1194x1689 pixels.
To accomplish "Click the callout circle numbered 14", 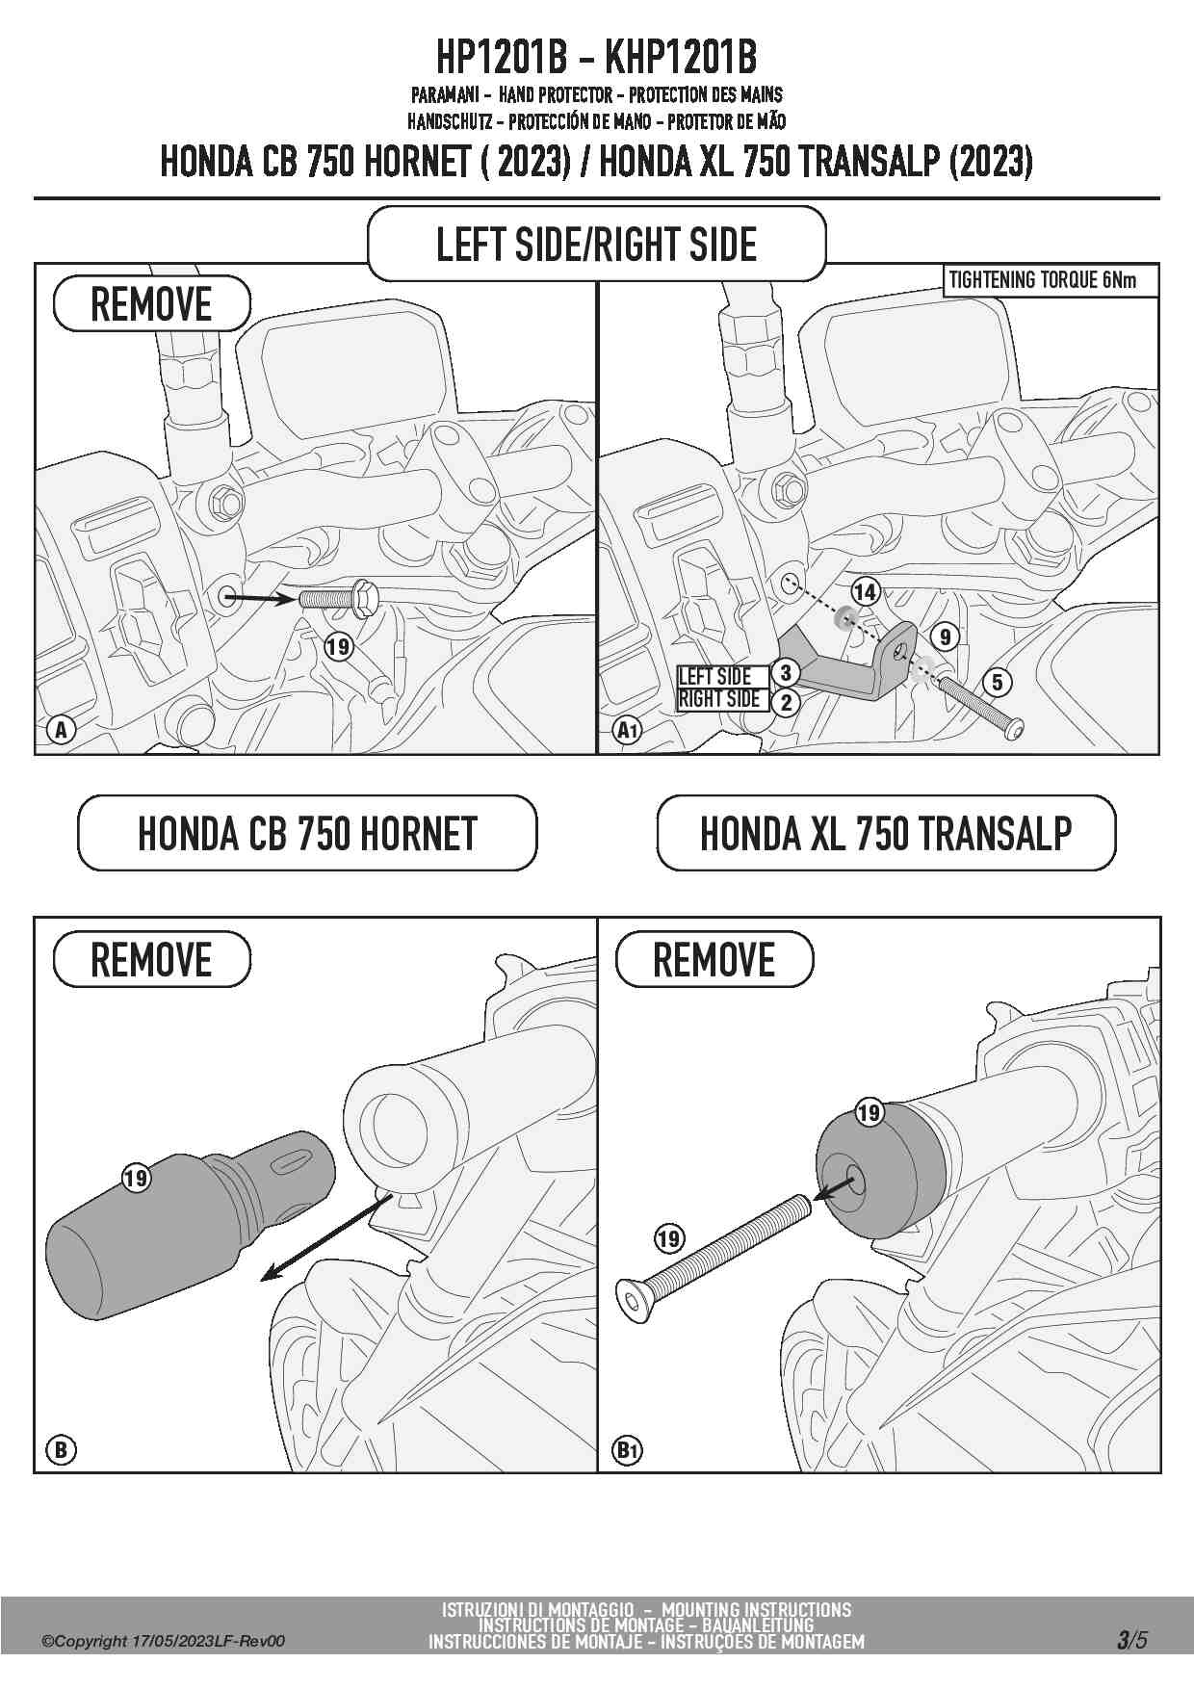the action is tap(865, 591).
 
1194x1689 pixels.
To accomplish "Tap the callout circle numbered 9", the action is tap(946, 637).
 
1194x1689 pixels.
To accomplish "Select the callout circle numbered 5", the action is tap(997, 683).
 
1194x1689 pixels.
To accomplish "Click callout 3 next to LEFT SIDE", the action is tap(786, 673).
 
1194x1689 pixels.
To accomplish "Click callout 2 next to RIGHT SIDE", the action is tap(786, 702).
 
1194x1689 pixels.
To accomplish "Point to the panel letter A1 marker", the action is tap(628, 730).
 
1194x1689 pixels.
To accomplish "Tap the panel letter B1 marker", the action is tap(628, 1450).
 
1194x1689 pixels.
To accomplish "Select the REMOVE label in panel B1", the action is tap(714, 959).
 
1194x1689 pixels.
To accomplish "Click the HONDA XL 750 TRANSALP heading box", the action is tap(886, 833).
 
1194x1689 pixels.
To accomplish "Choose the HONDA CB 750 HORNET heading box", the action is tap(307, 833).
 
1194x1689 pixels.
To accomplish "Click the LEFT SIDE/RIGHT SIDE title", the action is tap(597, 244).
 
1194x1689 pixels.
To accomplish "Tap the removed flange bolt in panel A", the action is tap(338, 597).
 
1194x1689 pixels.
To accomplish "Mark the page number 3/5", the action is tap(1132, 1639).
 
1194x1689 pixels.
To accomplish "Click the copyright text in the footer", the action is tap(163, 1641).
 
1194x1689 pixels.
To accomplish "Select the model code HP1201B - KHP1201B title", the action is tap(597, 59).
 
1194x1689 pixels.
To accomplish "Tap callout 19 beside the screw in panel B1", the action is tap(669, 1238).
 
